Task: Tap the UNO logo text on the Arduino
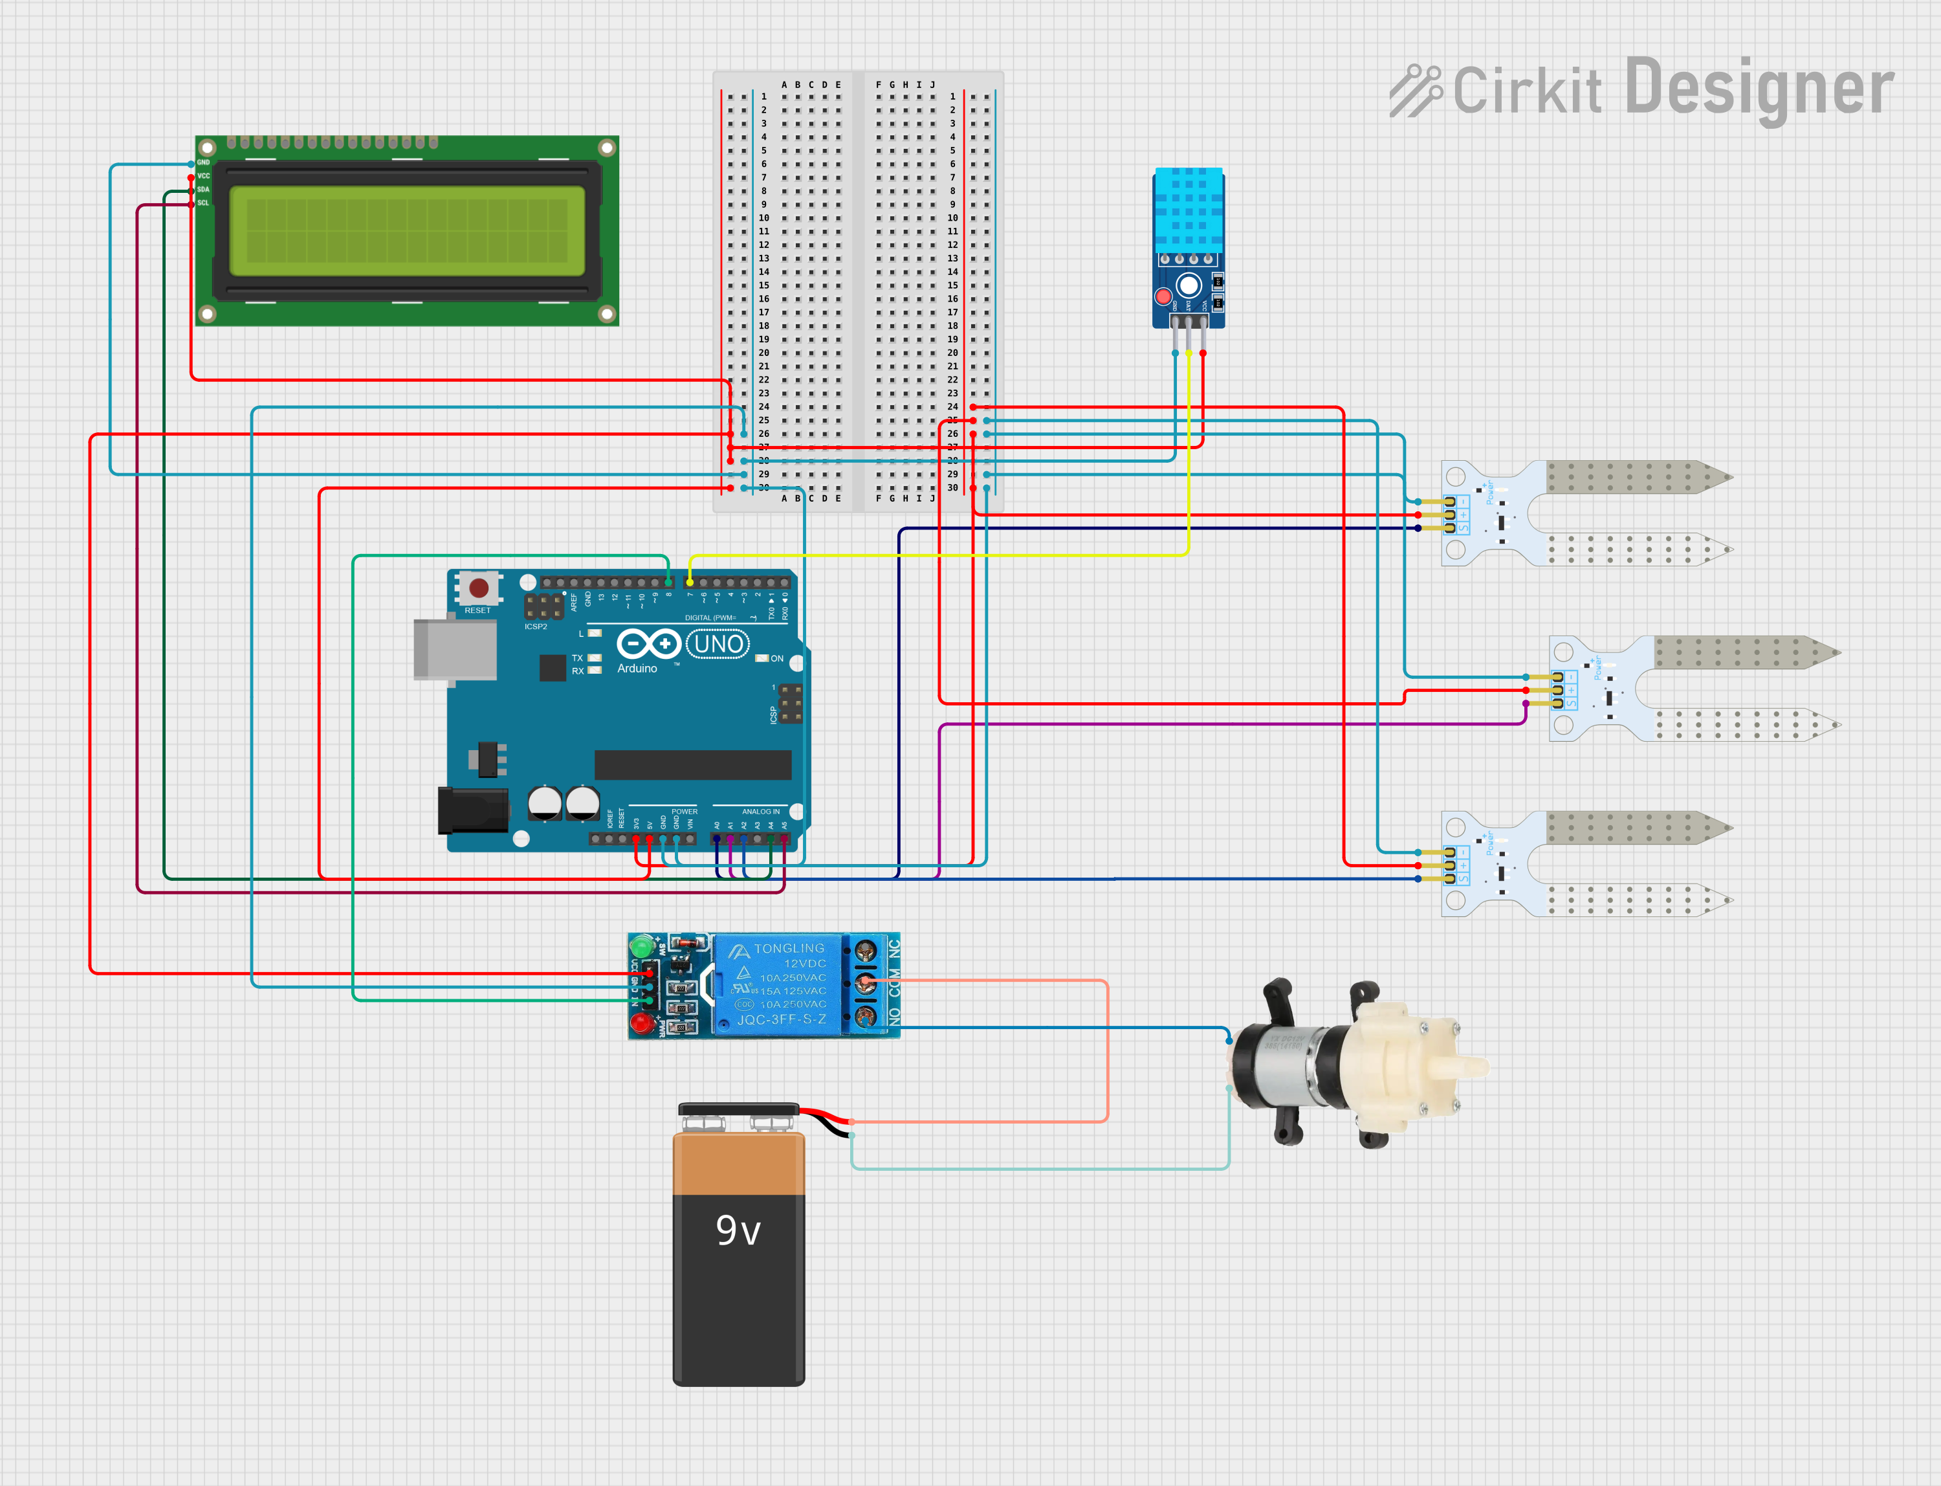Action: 718,644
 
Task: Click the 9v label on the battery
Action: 738,1230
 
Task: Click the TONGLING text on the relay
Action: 789,948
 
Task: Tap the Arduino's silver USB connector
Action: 455,649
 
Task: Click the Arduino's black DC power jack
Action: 473,811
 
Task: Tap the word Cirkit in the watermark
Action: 1526,91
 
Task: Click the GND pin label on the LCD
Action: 203,162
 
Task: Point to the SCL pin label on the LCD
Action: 203,203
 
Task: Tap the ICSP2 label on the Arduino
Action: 536,627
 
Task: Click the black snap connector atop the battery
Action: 738,1109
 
